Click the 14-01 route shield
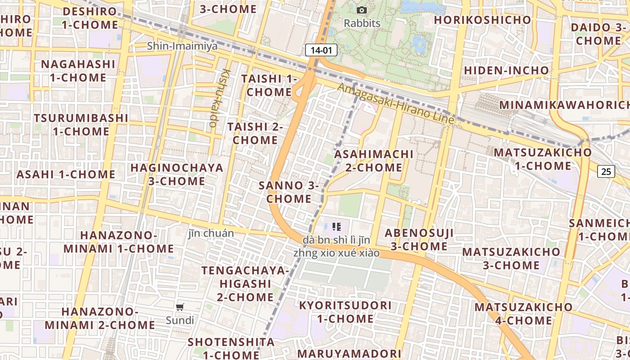coord(321,50)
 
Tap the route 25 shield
coord(606,171)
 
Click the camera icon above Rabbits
coord(361,10)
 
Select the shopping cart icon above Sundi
coord(180,307)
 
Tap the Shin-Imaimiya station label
coord(182,46)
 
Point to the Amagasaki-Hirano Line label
coord(396,104)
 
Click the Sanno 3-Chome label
coord(288,192)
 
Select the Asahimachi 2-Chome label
coord(374,161)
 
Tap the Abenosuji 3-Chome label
coord(419,239)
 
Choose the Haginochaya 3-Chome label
coord(177,174)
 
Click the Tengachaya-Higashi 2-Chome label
coord(245,283)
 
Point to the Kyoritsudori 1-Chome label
coord(345,312)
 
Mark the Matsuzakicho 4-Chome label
coord(523,314)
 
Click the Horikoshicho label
coord(482,20)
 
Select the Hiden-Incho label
coord(506,71)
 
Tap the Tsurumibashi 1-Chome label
coord(81,125)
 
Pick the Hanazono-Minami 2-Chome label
coord(99,318)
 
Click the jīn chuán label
coord(211,233)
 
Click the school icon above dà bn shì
coord(337,226)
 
